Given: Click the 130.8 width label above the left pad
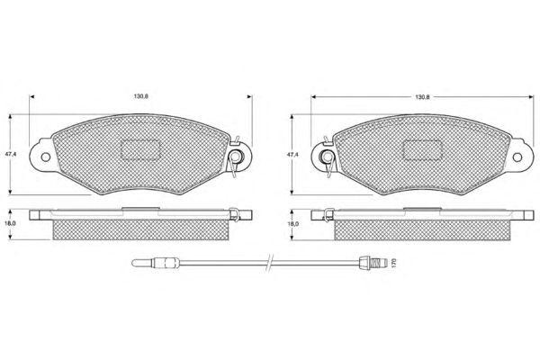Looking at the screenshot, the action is (141, 96).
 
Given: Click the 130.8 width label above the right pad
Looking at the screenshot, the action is (422, 97).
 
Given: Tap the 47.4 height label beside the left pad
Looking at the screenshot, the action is (10, 154).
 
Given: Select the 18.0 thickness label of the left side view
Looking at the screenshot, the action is (11, 223).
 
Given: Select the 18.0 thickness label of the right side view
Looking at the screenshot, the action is (293, 223).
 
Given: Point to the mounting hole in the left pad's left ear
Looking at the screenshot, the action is (46, 157).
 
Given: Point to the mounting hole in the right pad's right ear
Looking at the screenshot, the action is (517, 157).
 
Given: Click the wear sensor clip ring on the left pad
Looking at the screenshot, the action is (236, 157).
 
